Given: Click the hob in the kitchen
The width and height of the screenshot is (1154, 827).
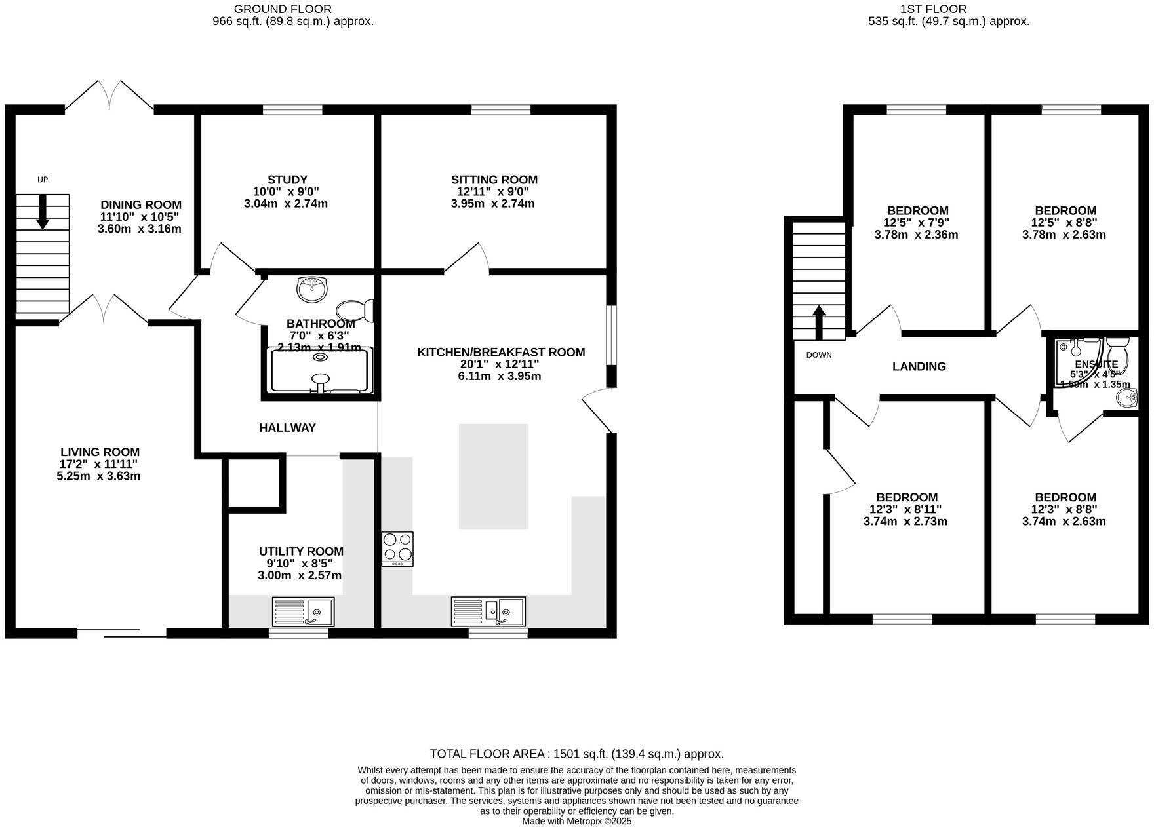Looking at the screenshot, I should point(397,548).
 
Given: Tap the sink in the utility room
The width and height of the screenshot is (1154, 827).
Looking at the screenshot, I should point(303,611).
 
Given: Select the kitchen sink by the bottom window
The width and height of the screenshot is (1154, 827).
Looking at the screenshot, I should point(488,611).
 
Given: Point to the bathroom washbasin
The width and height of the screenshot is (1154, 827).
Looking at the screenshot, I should point(312,289).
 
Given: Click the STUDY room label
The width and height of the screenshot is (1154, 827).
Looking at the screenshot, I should point(287,180).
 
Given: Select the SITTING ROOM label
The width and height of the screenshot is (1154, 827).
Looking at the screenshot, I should point(494,180).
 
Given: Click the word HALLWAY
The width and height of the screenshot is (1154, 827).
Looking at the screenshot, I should point(287,428).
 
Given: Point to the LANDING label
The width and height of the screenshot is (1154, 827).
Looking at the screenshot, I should point(919,366).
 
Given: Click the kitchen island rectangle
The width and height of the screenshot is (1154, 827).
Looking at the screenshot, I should point(492,476).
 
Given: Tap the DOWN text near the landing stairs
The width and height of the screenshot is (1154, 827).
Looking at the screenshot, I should point(818,355).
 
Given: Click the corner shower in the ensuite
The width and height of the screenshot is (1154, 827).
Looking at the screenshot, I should point(1075,360).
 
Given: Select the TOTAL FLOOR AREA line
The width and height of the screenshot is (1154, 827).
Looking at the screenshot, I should point(576,754).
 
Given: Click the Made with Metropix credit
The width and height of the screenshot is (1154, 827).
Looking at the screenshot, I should point(576,821).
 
